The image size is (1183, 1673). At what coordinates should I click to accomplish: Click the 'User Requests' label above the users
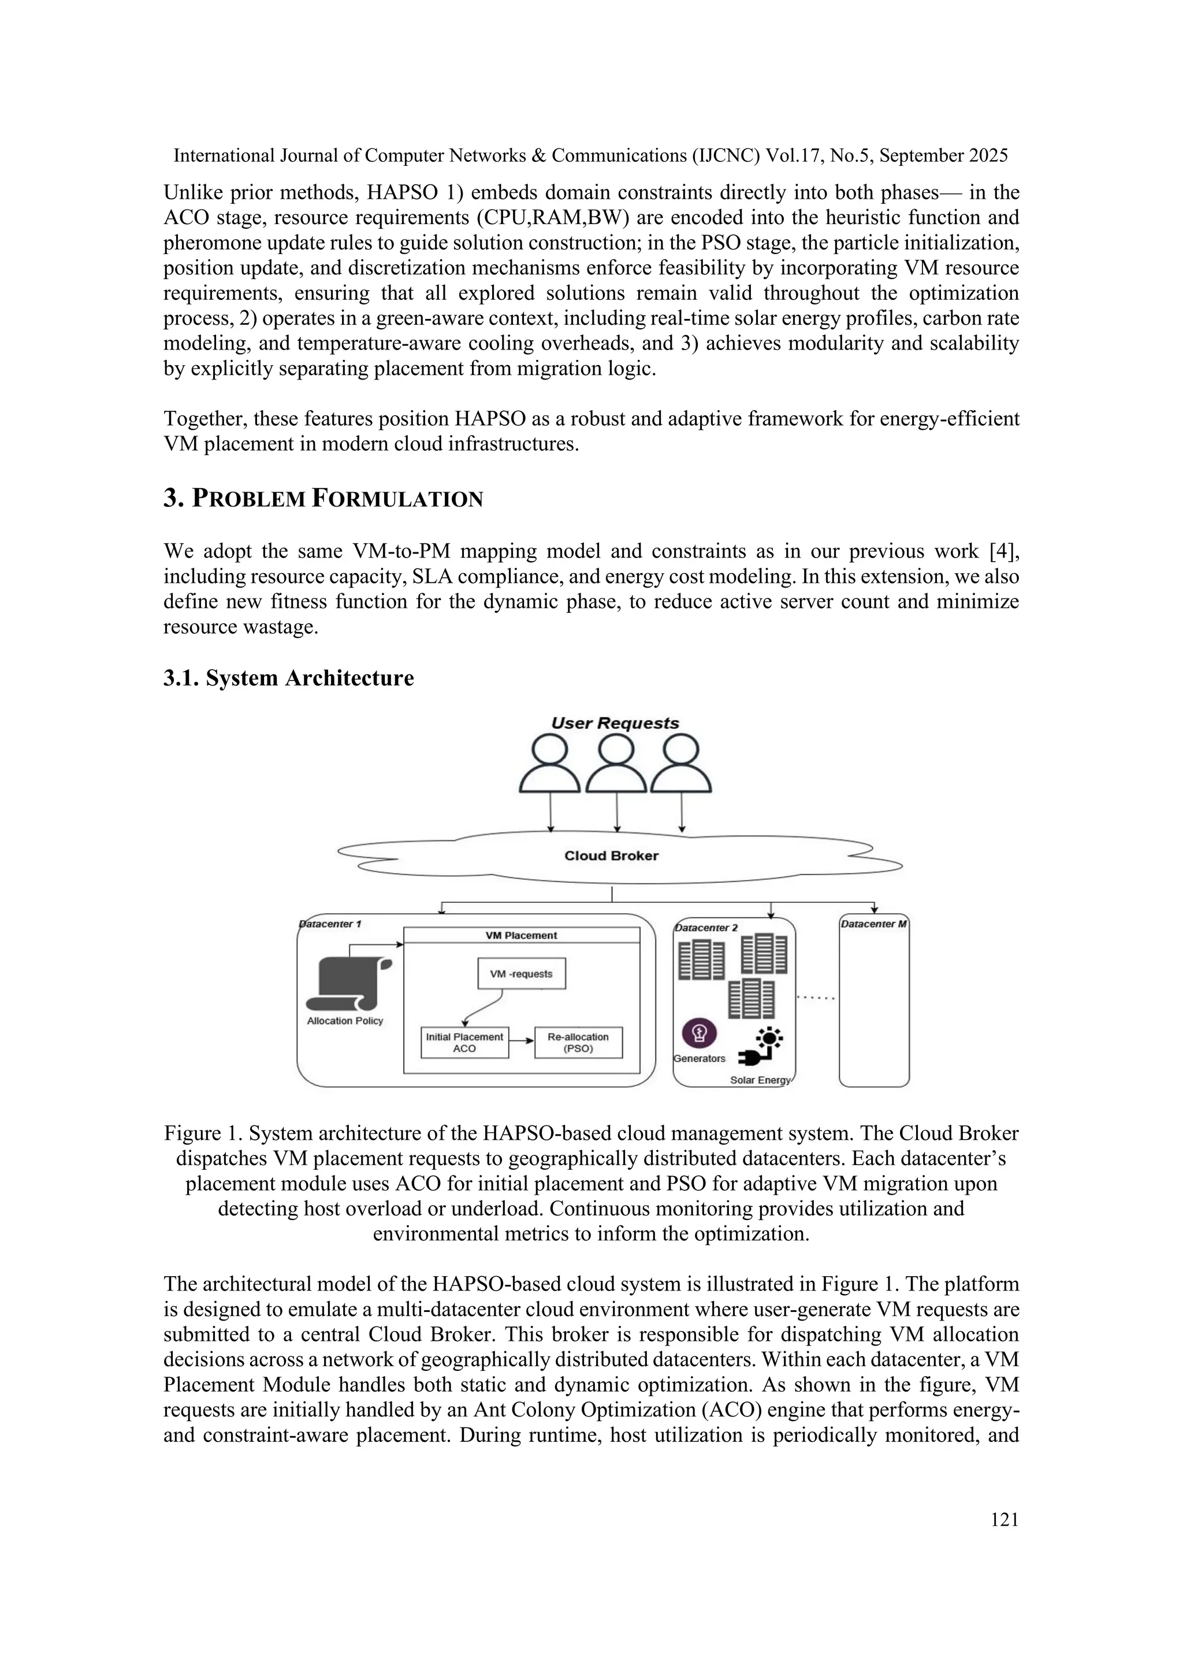tap(615, 723)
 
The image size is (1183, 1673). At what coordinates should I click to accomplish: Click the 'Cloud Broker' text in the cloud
tap(611, 856)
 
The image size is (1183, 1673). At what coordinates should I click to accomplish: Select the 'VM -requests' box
tap(522, 973)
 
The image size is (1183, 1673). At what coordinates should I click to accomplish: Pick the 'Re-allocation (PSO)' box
tap(578, 1042)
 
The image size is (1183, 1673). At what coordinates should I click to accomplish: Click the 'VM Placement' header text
tap(522, 936)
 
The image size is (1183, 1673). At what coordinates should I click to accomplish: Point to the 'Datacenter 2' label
tap(706, 928)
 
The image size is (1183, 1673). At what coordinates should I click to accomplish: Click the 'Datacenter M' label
tap(873, 924)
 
